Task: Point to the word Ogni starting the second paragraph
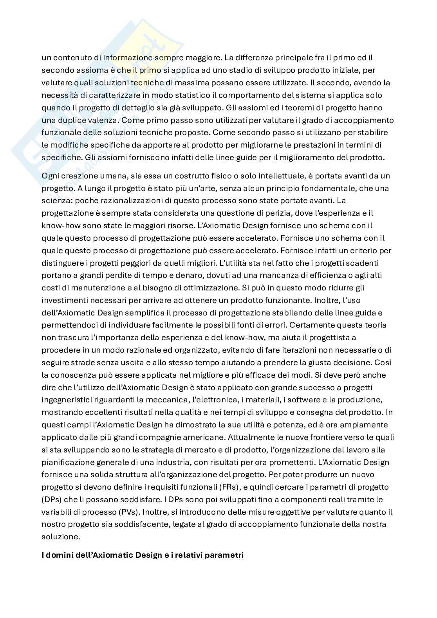(x=50, y=176)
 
